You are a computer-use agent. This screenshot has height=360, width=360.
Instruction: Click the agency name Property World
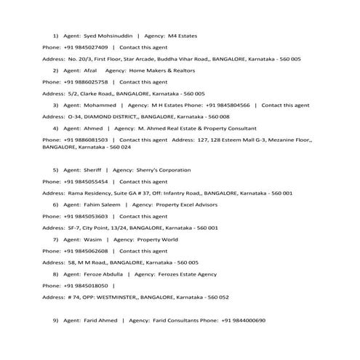tap(155, 239)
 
